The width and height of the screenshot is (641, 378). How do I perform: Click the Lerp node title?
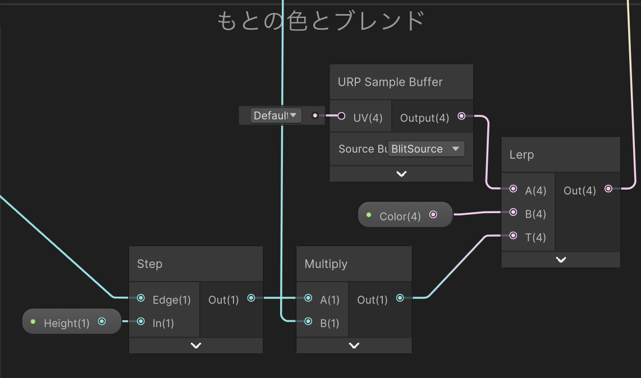pyautogui.click(x=521, y=155)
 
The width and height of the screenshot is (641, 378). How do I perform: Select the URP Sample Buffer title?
pyautogui.click(x=390, y=82)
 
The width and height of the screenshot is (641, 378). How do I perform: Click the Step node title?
pyautogui.click(x=149, y=264)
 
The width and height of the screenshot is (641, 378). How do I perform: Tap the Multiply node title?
pyautogui.click(x=326, y=264)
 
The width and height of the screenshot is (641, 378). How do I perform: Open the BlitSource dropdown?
pyautogui.click(x=426, y=149)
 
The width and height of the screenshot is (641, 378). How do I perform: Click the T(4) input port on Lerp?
pyautogui.click(x=513, y=236)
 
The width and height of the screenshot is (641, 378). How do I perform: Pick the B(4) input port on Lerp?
pyautogui.click(x=513, y=213)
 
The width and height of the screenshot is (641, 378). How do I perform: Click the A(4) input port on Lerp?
pyautogui.click(x=513, y=189)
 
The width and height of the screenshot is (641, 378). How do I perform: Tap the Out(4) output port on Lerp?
pyautogui.click(x=608, y=189)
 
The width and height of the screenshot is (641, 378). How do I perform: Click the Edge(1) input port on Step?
pyautogui.click(x=141, y=298)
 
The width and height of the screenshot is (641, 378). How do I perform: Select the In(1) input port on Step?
pyautogui.click(x=141, y=321)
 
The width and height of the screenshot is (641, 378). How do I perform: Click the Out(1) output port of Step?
pyautogui.click(x=251, y=298)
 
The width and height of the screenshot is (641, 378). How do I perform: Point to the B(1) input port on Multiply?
pyautogui.click(x=308, y=321)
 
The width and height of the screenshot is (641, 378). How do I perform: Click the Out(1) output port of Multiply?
pyautogui.click(x=400, y=298)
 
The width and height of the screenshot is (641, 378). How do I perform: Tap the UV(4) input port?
pyautogui.click(x=341, y=116)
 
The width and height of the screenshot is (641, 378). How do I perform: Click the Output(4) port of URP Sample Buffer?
pyautogui.click(x=461, y=116)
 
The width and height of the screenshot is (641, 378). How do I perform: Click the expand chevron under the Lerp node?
pyautogui.click(x=561, y=260)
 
